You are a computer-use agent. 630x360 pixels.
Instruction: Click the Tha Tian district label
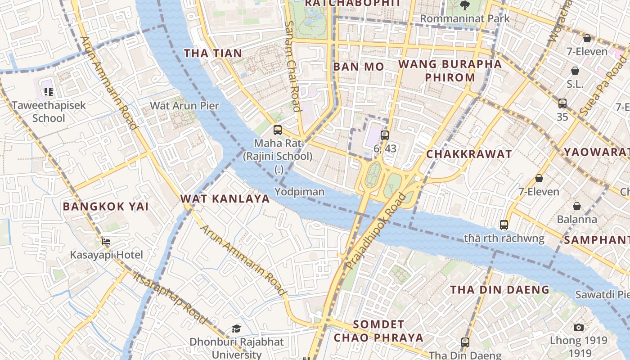213,53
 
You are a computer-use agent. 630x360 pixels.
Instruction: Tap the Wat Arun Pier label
184,106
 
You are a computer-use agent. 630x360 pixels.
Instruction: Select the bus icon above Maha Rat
278,130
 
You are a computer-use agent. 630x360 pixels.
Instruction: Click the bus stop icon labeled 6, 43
384,135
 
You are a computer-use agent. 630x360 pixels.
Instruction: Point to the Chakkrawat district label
469,154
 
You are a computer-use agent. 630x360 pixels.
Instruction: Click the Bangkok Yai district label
106,207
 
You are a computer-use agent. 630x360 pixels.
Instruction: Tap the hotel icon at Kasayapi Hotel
106,242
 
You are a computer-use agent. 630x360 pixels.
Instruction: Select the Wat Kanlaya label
225,198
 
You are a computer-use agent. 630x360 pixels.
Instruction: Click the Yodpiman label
299,192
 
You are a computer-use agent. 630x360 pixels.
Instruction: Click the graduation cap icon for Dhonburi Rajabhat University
236,328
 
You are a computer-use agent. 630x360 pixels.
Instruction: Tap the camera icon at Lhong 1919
579,327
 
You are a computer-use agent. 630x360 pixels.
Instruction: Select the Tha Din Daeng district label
500,289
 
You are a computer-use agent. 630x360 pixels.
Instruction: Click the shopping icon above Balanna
577,206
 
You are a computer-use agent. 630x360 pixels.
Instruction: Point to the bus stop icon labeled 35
562,103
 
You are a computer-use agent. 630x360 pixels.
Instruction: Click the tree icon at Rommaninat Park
464,5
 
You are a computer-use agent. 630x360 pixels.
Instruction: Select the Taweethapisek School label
49,112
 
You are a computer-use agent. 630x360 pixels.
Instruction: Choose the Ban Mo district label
359,67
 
